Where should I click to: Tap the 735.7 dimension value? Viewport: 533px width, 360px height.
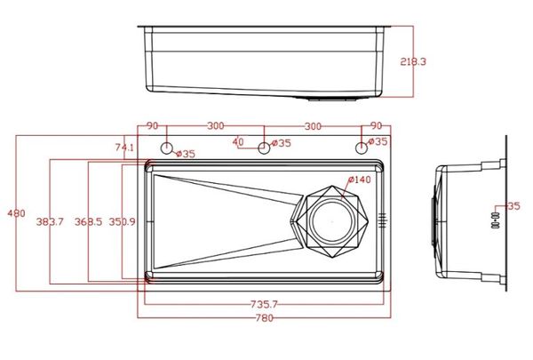(x=263, y=305)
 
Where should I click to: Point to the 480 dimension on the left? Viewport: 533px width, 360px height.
(x=16, y=214)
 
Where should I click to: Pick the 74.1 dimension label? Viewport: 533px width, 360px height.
(x=124, y=148)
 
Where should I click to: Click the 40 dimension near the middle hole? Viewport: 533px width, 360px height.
(x=238, y=141)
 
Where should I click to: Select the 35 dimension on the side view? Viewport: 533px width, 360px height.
(x=513, y=206)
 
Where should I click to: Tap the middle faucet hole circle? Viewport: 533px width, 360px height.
(x=263, y=148)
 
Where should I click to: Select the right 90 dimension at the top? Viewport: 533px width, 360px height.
(x=376, y=126)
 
